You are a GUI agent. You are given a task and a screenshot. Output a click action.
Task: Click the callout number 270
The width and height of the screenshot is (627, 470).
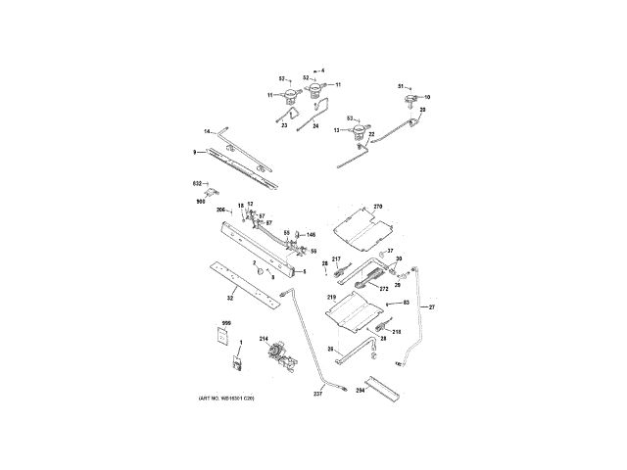(x=378, y=208)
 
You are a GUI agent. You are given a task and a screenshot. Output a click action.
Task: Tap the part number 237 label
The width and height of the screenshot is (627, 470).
(x=317, y=394)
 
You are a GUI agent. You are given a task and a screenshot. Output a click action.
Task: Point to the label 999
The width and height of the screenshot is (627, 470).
(x=225, y=323)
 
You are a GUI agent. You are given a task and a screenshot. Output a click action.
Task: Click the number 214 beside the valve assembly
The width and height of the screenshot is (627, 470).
(x=264, y=339)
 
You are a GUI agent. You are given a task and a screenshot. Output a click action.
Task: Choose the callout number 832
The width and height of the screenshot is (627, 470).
(x=196, y=183)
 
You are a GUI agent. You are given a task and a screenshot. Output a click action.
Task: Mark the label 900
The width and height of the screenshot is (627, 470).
(x=200, y=201)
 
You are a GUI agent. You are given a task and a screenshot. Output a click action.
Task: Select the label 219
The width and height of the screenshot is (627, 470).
(x=331, y=296)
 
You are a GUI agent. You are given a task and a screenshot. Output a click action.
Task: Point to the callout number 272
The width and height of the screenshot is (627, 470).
(x=384, y=289)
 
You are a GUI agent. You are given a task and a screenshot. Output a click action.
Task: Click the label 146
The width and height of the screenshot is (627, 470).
(x=311, y=235)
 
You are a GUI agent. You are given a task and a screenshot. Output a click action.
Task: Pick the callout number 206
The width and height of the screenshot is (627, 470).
(x=220, y=210)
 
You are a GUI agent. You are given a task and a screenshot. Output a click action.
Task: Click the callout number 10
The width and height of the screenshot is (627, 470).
(x=426, y=97)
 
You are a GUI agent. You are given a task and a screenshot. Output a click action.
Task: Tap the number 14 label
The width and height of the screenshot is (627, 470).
(x=207, y=131)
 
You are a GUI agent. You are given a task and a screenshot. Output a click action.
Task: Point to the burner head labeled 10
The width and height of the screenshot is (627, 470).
(x=410, y=99)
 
